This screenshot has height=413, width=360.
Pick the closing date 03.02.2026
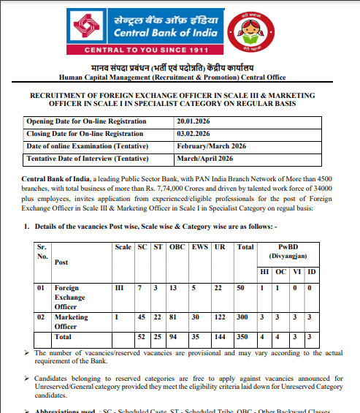point(194,133)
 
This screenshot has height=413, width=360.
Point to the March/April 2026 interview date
point(205,159)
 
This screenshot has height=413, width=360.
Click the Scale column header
point(123,248)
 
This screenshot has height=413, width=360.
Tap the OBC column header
point(178,248)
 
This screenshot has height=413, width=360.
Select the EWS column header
point(199,248)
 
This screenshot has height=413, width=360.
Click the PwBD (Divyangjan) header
point(286,252)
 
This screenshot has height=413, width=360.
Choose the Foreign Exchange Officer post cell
point(72,298)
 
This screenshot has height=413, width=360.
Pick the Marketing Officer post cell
point(72,322)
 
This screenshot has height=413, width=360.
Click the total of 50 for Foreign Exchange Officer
point(242,289)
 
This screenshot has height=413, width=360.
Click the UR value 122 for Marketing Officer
point(220,317)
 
